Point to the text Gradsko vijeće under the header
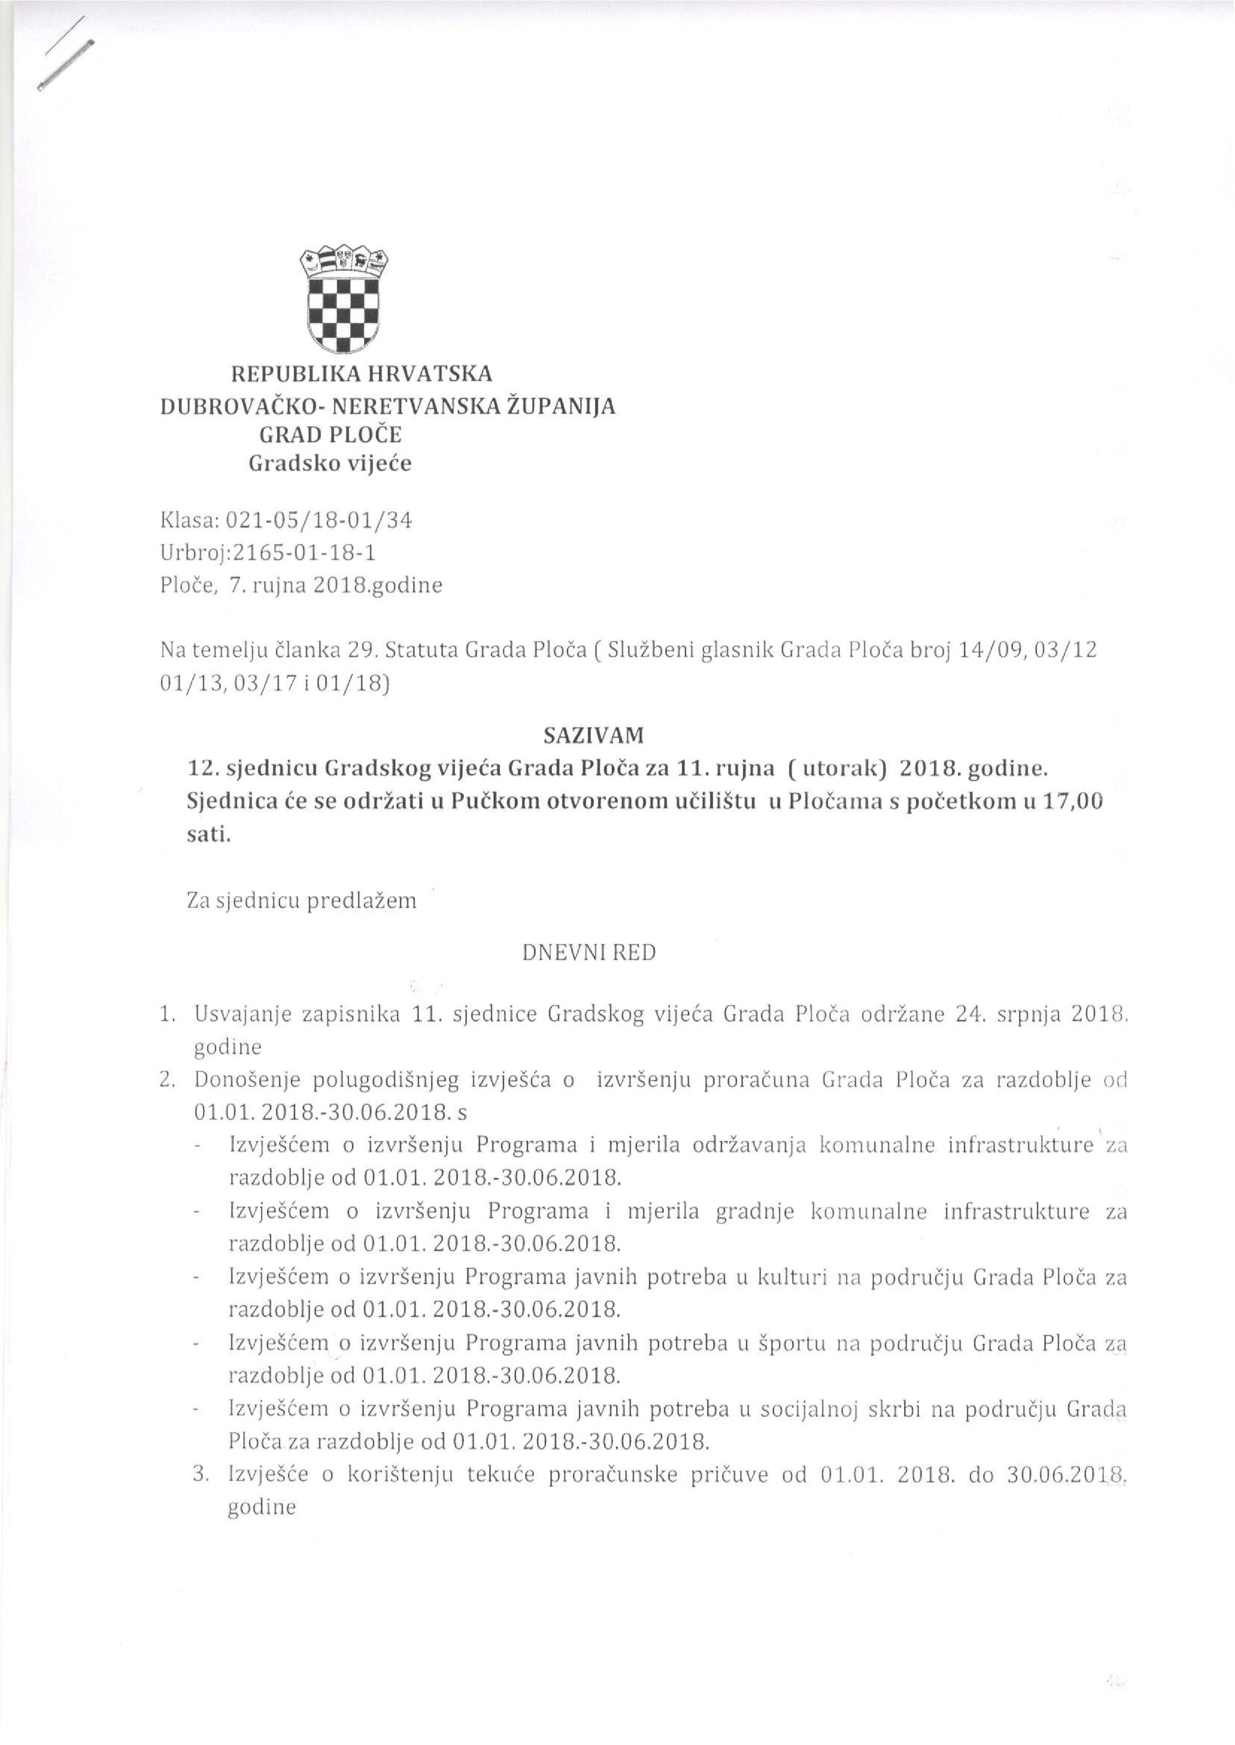coord(331,464)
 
